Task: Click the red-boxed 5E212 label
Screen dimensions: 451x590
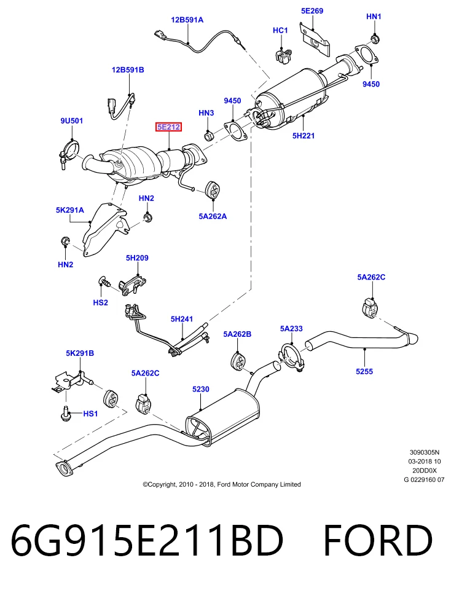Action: click(168, 127)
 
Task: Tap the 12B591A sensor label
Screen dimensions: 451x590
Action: click(187, 20)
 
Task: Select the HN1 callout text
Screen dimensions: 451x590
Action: click(374, 17)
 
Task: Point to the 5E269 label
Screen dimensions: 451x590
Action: click(312, 11)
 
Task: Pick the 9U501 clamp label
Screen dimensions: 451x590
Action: click(71, 121)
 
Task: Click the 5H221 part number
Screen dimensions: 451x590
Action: click(303, 135)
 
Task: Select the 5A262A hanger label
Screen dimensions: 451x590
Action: click(213, 216)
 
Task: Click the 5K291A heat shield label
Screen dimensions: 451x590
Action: click(70, 210)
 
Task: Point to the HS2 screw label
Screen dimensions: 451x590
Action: click(100, 302)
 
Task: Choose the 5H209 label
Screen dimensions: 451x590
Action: click(137, 258)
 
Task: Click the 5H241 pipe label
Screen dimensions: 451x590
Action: click(182, 319)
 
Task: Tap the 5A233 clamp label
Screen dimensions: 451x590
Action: click(291, 328)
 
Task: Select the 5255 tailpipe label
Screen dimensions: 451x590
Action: click(364, 371)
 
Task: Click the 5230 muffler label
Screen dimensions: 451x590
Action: click(200, 389)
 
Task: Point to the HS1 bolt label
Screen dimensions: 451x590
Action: click(90, 414)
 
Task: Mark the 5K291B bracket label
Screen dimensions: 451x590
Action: click(80, 353)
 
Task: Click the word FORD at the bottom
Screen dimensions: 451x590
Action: click(378, 541)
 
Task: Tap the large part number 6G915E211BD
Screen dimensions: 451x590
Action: click(147, 541)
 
